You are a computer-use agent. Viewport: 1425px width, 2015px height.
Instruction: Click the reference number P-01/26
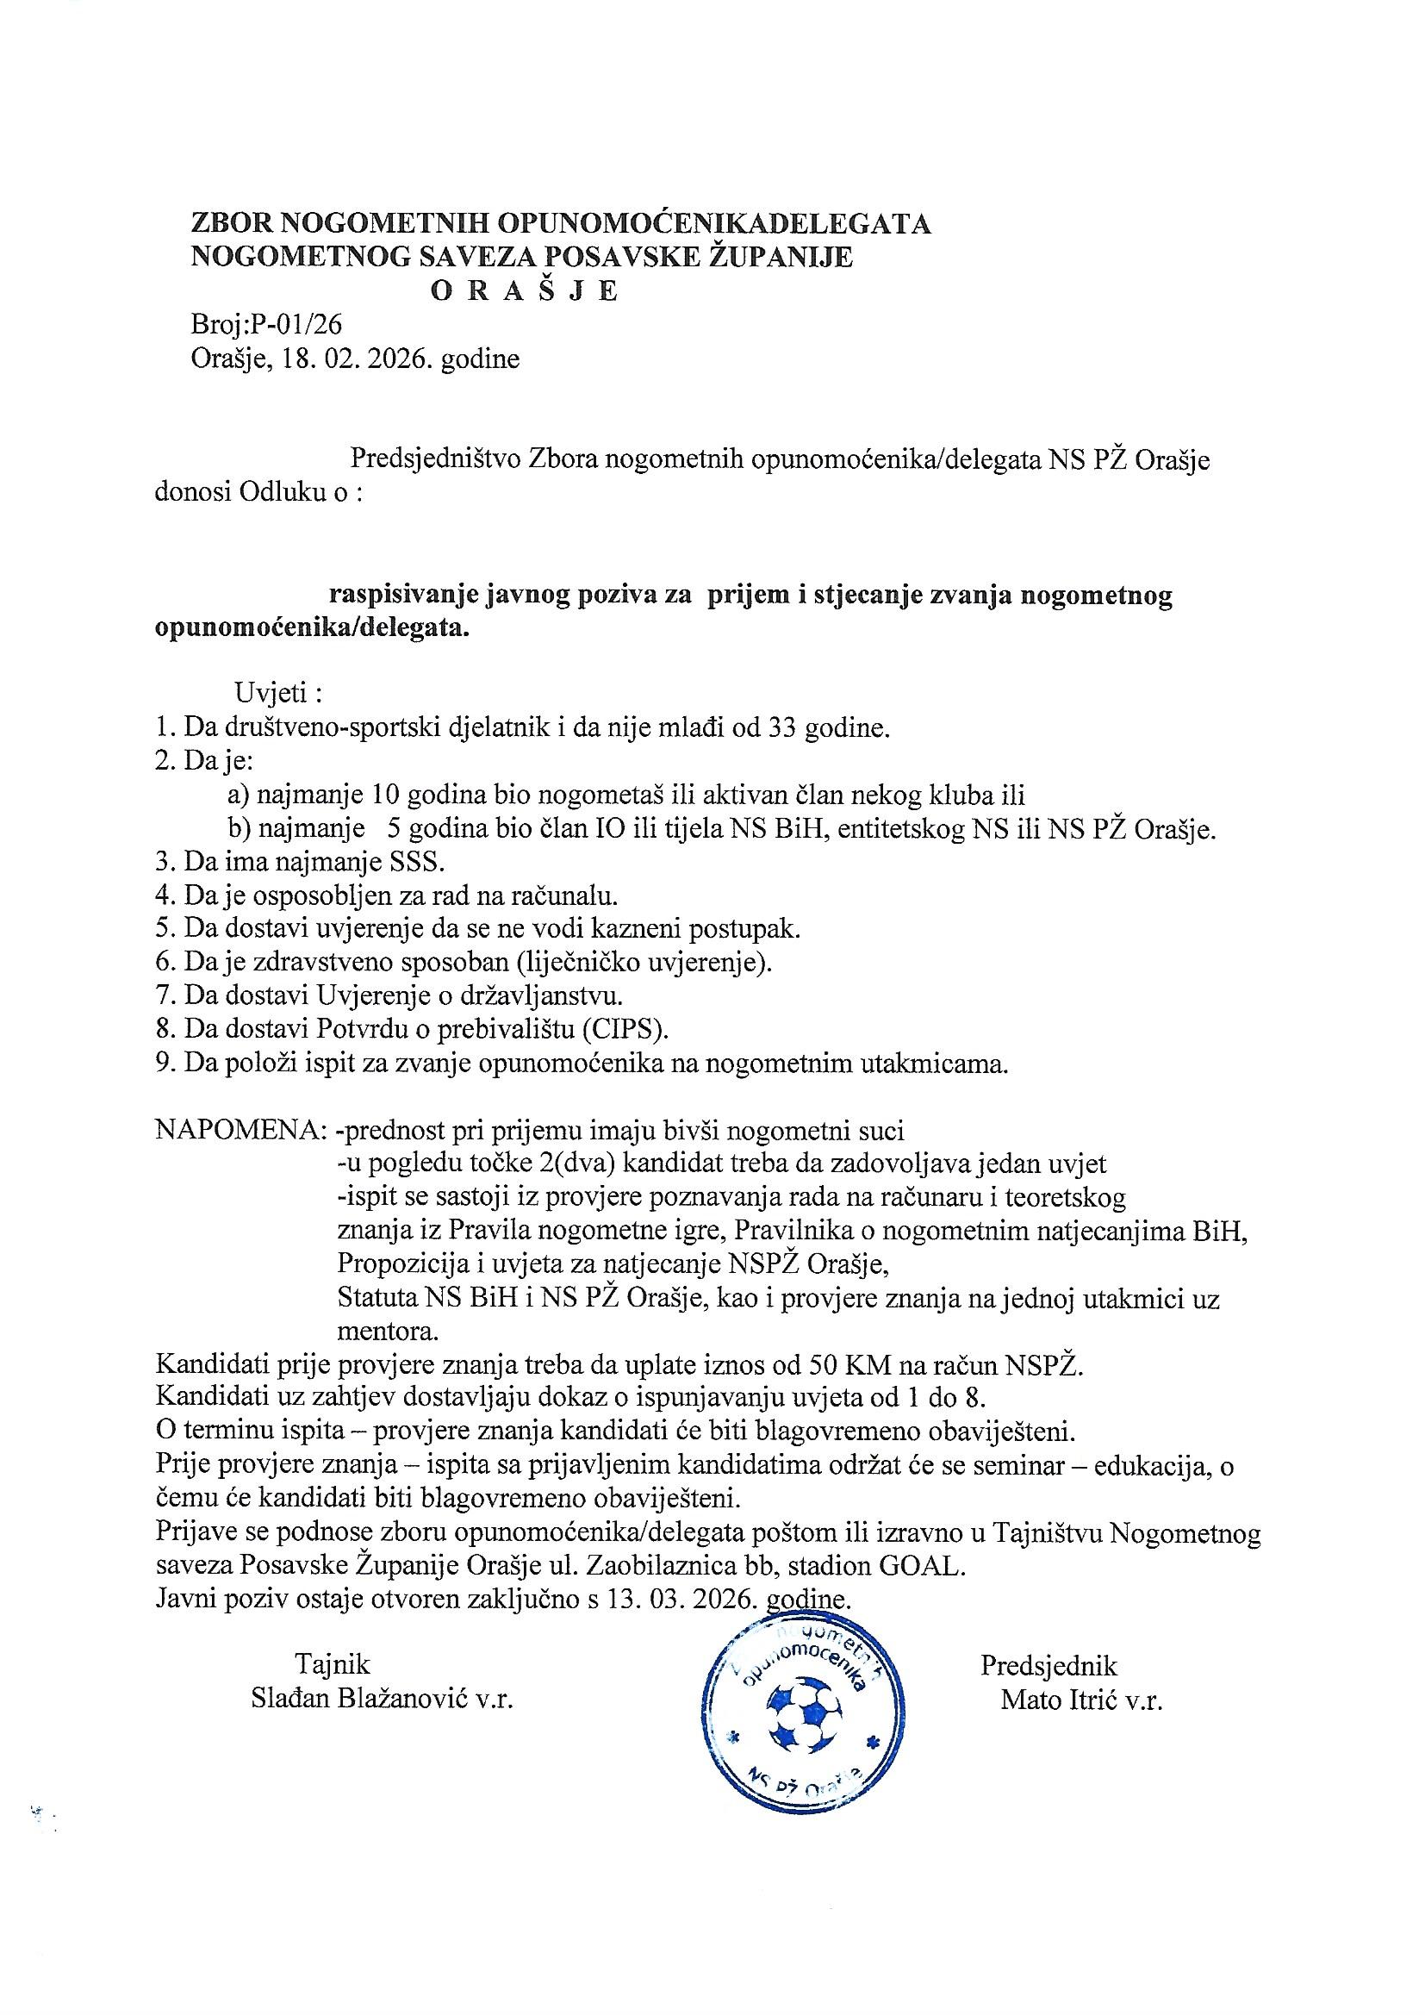point(296,325)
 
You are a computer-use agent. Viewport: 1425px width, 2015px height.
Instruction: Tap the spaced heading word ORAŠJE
point(525,290)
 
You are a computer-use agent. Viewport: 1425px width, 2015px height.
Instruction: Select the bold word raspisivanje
point(403,596)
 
